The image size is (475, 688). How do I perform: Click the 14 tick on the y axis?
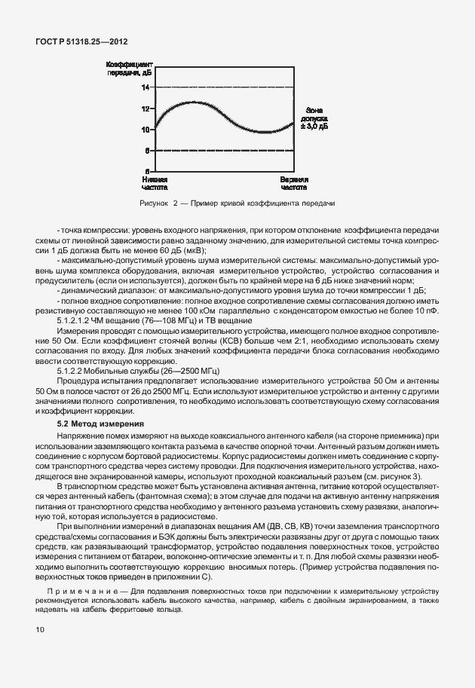coord(145,87)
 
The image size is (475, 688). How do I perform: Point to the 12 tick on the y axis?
coord(145,109)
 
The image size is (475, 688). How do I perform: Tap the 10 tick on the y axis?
coord(145,130)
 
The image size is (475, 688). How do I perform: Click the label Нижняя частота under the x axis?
coord(155,185)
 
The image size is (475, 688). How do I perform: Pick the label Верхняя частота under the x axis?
coord(293,185)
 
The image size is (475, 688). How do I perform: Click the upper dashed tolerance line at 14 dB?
coord(226,87)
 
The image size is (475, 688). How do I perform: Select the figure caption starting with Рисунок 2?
coord(237,204)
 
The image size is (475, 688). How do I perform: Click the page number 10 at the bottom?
coord(39,628)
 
